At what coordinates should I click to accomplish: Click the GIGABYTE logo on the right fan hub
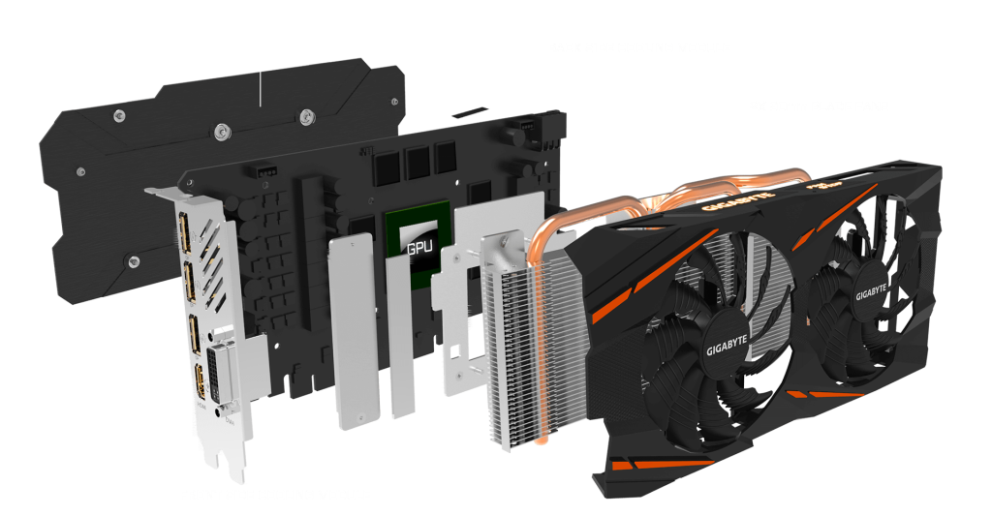pyautogui.click(x=872, y=290)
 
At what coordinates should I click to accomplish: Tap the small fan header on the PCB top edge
pyautogui.click(x=263, y=171)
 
